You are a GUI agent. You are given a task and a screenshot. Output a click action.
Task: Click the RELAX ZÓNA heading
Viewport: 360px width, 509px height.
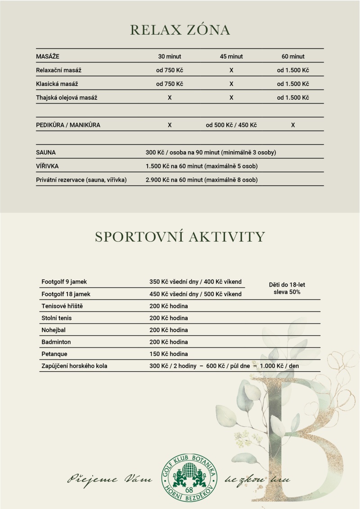180,30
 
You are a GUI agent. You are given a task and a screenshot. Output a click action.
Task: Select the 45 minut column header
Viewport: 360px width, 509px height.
231,57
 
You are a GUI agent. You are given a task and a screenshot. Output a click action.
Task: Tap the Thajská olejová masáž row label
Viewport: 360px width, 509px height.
67,97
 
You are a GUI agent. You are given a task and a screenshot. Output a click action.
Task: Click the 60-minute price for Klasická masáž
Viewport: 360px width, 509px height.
293,84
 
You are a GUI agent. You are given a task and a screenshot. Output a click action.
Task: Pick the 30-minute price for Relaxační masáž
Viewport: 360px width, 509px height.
170,70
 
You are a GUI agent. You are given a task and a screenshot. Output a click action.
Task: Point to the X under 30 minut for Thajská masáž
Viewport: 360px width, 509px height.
170,97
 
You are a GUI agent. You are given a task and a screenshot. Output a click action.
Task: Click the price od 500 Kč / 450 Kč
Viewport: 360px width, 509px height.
231,125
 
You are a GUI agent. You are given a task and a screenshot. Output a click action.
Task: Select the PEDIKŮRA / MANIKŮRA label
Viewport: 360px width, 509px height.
68,125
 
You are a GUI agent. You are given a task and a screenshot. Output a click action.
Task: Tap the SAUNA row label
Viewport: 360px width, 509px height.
46,153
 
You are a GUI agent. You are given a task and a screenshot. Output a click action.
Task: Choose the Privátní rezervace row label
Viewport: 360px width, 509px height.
81,180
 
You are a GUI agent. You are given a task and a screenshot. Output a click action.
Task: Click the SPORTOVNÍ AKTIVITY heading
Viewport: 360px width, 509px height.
180,237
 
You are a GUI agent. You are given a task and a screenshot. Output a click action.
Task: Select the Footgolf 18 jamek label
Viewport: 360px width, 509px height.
66,294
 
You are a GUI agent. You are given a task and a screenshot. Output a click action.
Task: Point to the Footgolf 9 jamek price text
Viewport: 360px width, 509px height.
195,282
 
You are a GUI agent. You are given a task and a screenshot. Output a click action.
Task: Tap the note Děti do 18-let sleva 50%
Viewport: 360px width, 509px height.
287,288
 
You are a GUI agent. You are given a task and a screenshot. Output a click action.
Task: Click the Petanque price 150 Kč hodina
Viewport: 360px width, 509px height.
169,354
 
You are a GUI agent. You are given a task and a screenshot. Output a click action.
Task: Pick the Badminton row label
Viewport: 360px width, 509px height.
56,342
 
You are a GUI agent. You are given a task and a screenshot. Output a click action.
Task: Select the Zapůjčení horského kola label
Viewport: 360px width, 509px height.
74,366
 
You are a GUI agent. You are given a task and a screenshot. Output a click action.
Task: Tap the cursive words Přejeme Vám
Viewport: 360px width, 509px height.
110,479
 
